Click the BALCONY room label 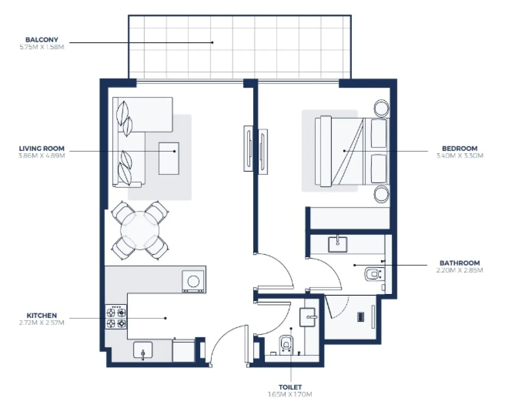tap(42, 40)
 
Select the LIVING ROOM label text tap(42, 148)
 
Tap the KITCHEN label tap(42, 316)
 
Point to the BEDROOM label tap(459, 148)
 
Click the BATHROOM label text tap(459, 263)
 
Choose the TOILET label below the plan tap(290, 387)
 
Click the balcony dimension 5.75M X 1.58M tap(42, 47)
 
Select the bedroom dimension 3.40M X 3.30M tap(459, 156)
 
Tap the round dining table tap(140, 230)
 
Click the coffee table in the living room tap(169, 158)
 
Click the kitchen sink tap(143, 350)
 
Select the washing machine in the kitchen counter tap(193, 282)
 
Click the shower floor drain tap(360, 317)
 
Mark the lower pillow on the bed tap(379, 169)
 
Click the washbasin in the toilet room tap(308, 317)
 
